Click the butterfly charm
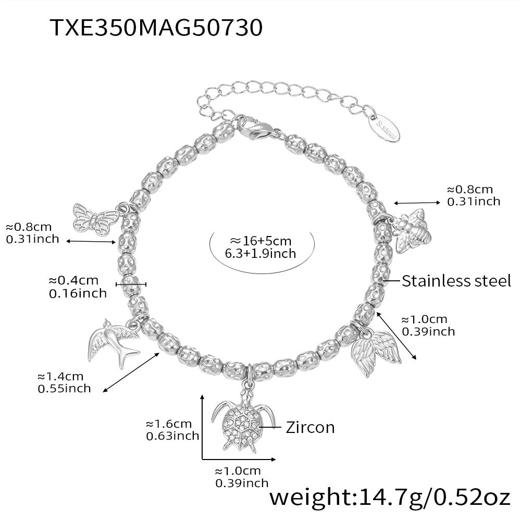coord(94,219)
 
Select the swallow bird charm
coord(113,342)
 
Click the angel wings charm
coord(376,352)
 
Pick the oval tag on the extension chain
coord(385,128)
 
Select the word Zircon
coord(310,427)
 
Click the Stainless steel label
coord(456,281)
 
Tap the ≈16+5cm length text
coord(261,241)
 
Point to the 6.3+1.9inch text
coord(260,254)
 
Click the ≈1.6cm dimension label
coord(169,424)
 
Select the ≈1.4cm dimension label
coord(60,377)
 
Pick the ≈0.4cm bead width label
coord(73,280)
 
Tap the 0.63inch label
coord(172,436)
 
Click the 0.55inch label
coord(64,389)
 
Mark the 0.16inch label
coord(78,293)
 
